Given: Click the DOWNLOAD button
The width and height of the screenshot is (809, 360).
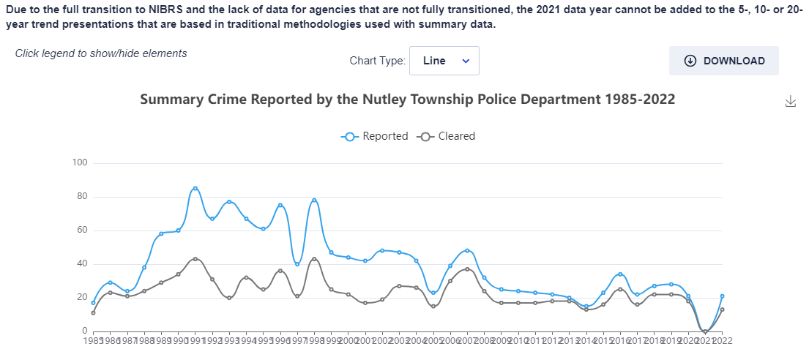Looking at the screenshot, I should (x=723, y=61).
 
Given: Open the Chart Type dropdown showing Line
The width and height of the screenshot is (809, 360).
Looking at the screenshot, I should (x=444, y=61).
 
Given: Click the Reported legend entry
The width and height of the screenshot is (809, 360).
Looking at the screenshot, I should (x=375, y=136).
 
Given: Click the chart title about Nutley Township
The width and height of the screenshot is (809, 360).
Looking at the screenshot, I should (x=407, y=99).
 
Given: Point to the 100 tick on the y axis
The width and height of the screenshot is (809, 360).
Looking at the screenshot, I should (x=80, y=162).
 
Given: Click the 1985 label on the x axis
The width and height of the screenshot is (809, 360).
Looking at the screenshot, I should (x=93, y=341).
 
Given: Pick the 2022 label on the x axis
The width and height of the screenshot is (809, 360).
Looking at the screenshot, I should (x=723, y=341).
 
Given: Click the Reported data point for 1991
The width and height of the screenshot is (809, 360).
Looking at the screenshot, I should (x=195, y=188).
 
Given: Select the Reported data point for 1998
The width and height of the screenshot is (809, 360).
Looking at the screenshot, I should (x=314, y=200).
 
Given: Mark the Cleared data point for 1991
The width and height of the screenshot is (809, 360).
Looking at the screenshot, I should (x=195, y=259).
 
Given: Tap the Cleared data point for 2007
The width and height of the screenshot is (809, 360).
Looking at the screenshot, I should (x=467, y=269).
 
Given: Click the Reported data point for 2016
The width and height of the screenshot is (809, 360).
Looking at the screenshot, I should (x=620, y=274).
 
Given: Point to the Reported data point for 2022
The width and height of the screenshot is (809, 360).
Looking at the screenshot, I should (x=723, y=296).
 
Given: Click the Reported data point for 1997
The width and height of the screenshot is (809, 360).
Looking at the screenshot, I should (x=297, y=264).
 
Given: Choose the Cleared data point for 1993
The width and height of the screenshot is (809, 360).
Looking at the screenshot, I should (x=229, y=298).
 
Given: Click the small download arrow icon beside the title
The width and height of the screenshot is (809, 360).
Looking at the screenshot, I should (x=790, y=101).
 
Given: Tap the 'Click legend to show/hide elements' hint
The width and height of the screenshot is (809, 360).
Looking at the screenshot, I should (x=101, y=53).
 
